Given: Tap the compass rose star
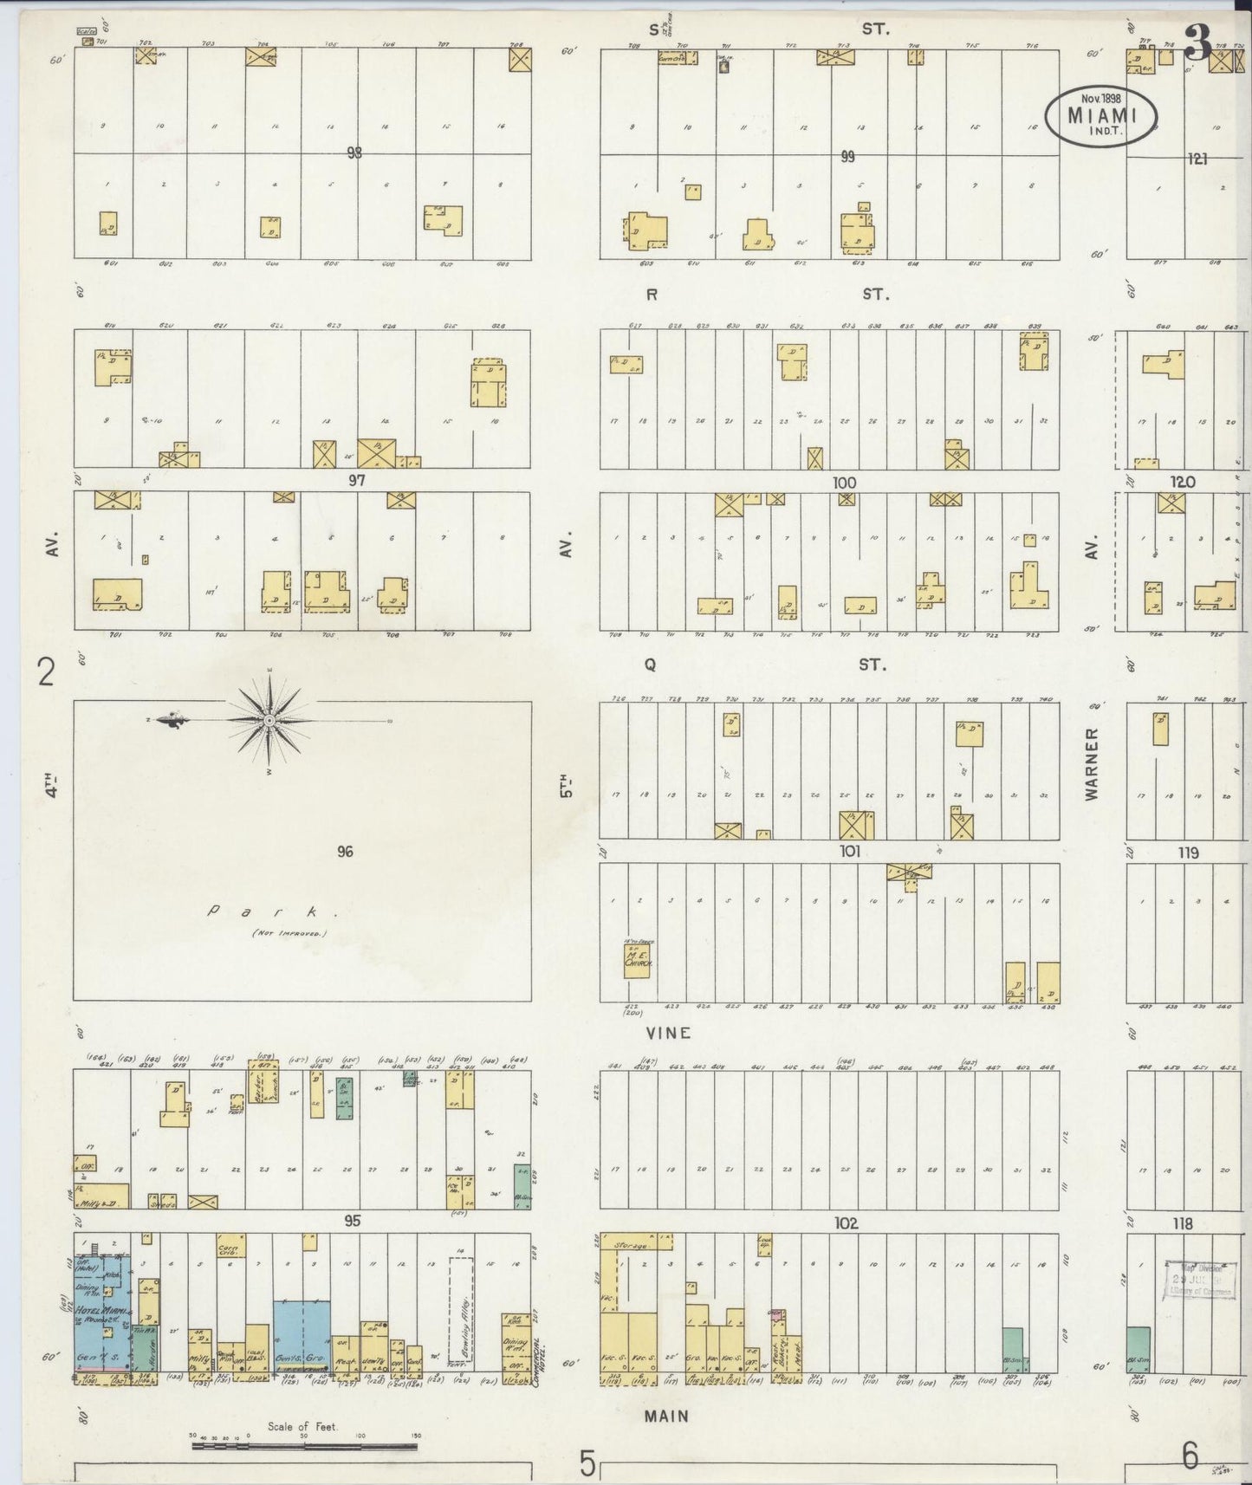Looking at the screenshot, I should pyautogui.click(x=269, y=720).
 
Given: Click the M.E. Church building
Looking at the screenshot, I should pyautogui.click(x=637, y=961).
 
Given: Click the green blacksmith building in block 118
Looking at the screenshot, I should pyautogui.click(x=1138, y=1350).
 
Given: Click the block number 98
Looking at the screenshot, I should pyautogui.click(x=354, y=153).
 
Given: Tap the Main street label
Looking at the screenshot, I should pyautogui.click(x=666, y=1416).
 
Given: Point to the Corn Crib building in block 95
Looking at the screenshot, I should pyautogui.click(x=231, y=1246).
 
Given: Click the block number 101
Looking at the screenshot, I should pyautogui.click(x=849, y=852).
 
